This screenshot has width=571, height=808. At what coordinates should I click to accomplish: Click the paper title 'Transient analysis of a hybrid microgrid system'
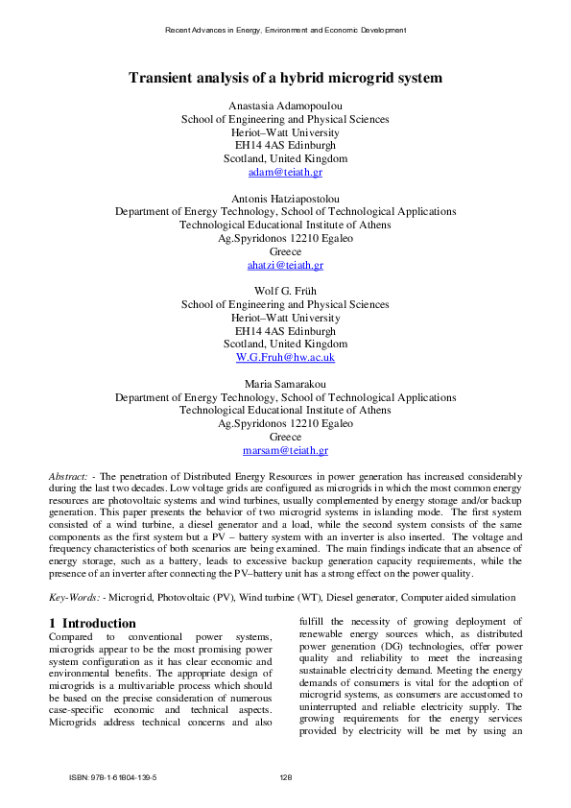(x=285, y=78)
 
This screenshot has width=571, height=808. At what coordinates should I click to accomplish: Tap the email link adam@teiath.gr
(x=285, y=172)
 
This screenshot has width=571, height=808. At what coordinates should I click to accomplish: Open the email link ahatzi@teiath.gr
(x=285, y=265)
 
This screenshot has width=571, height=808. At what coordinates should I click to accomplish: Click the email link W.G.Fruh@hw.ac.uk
(x=285, y=357)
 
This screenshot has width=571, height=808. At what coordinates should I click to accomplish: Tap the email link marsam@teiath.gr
(x=285, y=450)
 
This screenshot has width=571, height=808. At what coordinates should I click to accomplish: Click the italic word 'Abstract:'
(x=68, y=476)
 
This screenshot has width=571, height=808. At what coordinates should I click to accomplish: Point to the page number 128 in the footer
(x=285, y=777)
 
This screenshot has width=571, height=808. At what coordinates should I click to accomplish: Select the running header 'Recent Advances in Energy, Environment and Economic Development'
(x=285, y=30)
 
